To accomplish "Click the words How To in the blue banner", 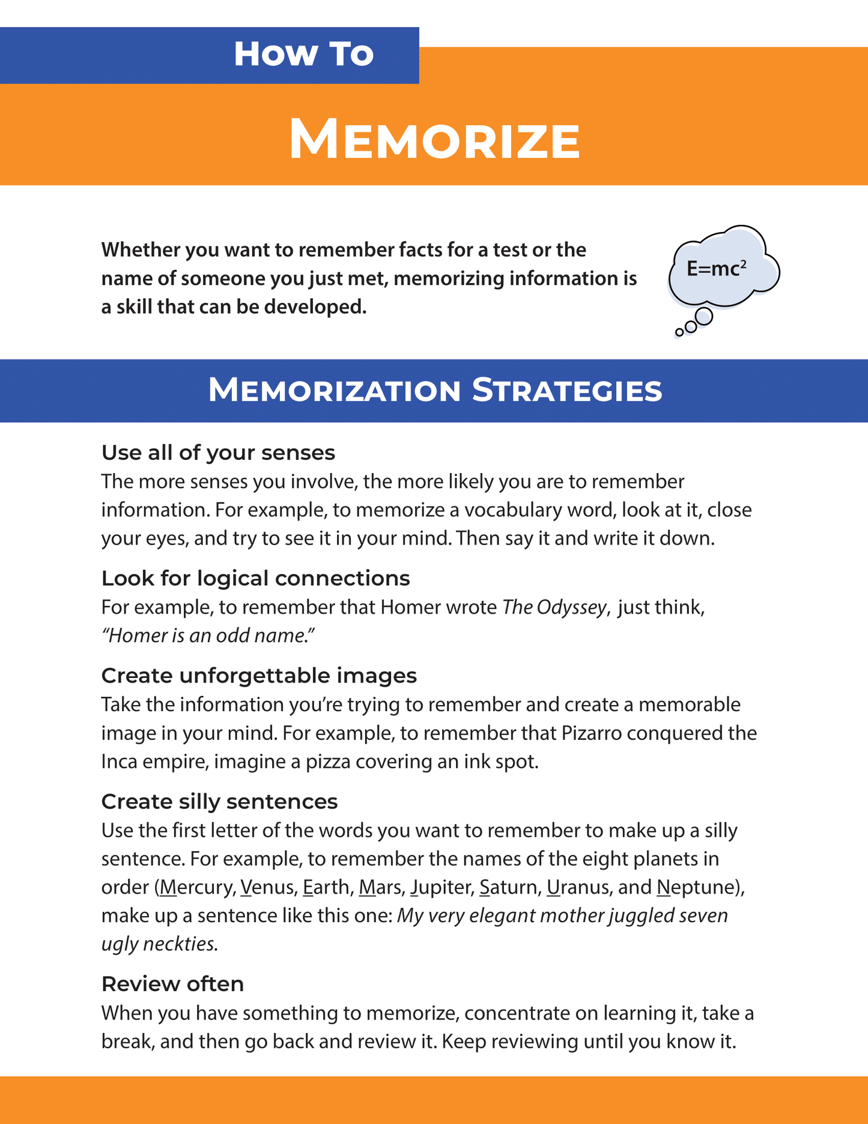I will pyautogui.click(x=303, y=54).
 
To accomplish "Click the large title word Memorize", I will pyautogui.click(x=434, y=140).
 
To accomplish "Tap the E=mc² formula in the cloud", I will pyautogui.click(x=716, y=269).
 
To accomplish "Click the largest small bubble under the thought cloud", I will pyautogui.click(x=703, y=316).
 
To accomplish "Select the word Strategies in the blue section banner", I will pyautogui.click(x=566, y=391).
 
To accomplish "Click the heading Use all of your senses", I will pyautogui.click(x=218, y=453).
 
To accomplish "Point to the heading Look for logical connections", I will pyautogui.click(x=255, y=578).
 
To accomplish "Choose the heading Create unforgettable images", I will pyautogui.click(x=259, y=676).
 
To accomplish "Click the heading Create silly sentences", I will pyautogui.click(x=219, y=802).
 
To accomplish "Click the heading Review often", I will pyautogui.click(x=172, y=985).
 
